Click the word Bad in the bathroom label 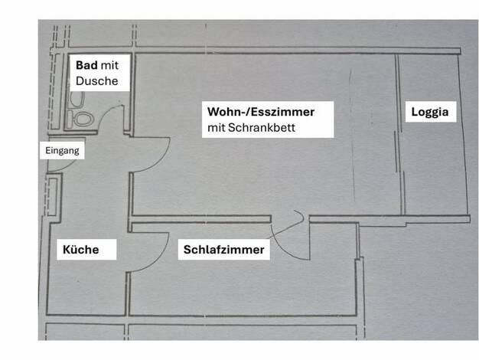[86, 65]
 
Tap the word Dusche [97, 81]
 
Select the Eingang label [62, 150]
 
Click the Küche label [81, 249]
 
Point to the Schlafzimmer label [224, 250]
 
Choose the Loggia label [430, 112]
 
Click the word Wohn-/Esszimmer [261, 112]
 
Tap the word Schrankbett [262, 128]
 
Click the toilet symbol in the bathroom [83, 119]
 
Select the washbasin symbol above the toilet [77, 99]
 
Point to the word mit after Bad [109, 65]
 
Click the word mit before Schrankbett [216, 128]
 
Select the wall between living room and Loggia [400, 135]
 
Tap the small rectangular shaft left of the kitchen [53, 197]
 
